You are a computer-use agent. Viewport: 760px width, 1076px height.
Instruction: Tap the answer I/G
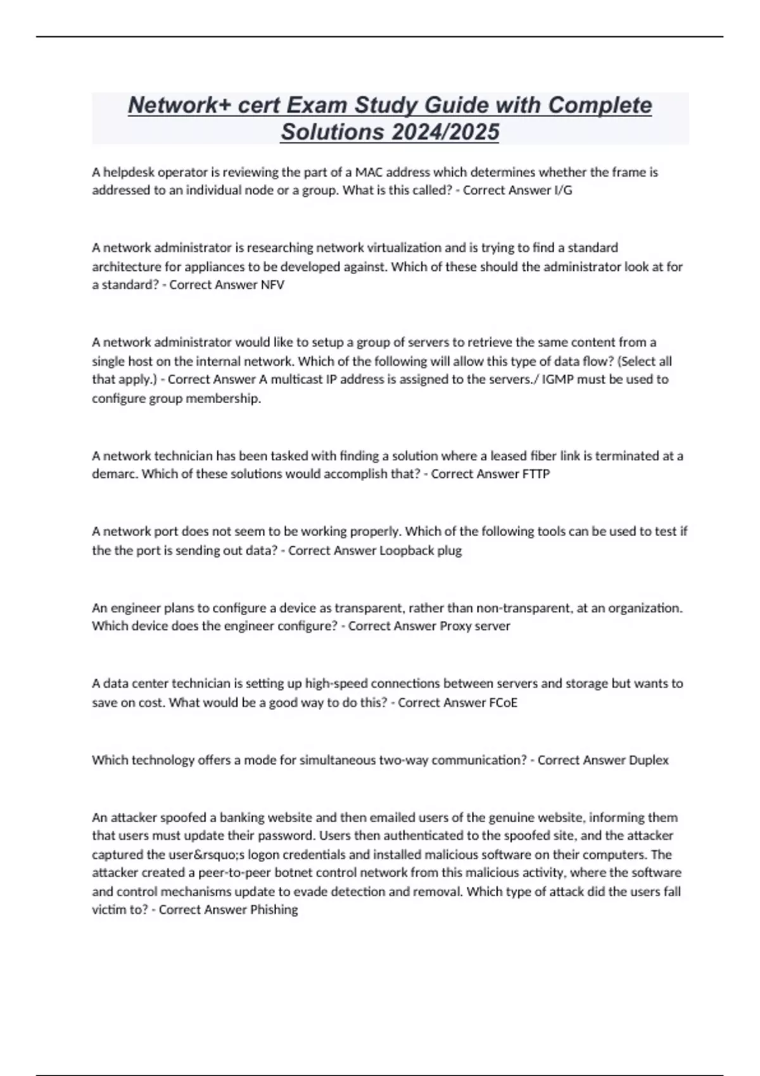(x=562, y=191)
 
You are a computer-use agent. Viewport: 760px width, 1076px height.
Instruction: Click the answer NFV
(x=272, y=285)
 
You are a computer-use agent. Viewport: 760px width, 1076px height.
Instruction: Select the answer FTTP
(x=536, y=474)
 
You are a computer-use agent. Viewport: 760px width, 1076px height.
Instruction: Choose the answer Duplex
(x=649, y=760)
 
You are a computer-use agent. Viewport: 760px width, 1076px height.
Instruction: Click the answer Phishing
(x=274, y=910)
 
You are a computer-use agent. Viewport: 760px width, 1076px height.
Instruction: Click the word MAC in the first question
(x=369, y=172)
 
